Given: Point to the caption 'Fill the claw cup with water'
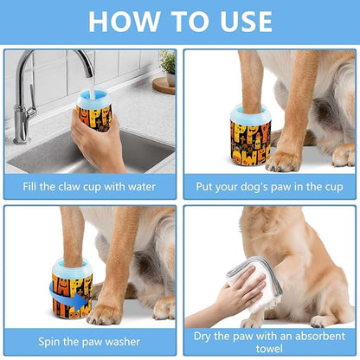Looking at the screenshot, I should pos(90,184).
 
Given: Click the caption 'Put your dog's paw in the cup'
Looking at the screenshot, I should pos(269,184).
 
